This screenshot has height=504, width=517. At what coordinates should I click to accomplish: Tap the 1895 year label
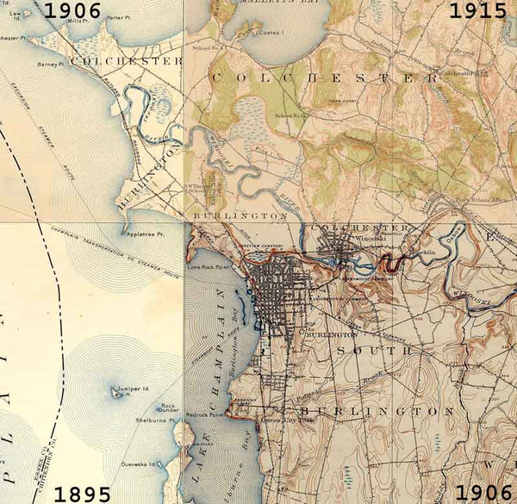coord(82,495)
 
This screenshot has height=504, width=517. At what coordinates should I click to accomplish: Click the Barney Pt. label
coord(52,63)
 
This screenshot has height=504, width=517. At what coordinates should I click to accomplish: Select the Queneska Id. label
coord(138,464)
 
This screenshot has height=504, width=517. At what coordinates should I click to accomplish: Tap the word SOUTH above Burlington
coord(373,352)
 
